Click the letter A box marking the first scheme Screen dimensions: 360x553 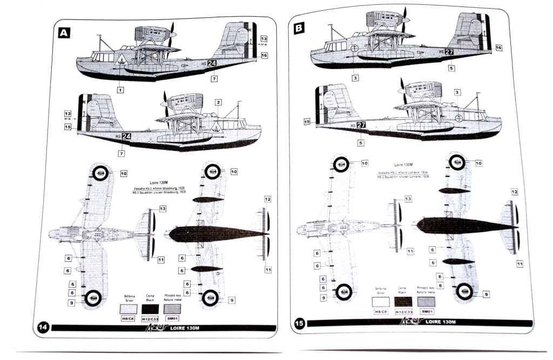pyautogui.click(x=64, y=33)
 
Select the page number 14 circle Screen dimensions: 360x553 pyautogui.click(x=44, y=327)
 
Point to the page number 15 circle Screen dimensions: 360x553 pyautogui.click(x=300, y=323)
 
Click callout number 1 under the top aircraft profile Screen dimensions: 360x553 pyautogui.click(x=120, y=90)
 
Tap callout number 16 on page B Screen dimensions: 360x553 pyautogui.click(x=498, y=48)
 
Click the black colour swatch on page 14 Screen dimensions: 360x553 pyautogui.click(x=151, y=308)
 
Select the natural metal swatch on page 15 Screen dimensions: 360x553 pyautogui.click(x=426, y=301)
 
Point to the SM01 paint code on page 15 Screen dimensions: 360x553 pyautogui.click(x=426, y=311)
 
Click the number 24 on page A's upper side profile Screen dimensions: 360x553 pyautogui.click(x=213, y=63)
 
